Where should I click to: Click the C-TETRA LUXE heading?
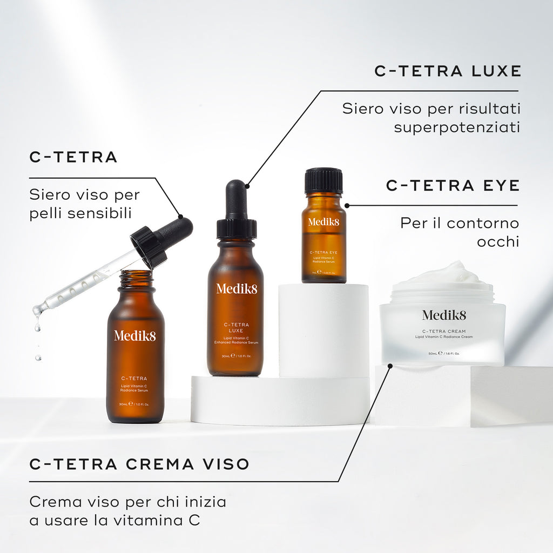447,71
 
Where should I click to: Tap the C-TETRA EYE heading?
453,185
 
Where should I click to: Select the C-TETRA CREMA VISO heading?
139,464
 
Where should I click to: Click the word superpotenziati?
457,127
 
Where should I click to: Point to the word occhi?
497,241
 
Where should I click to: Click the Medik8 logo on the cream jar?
444,315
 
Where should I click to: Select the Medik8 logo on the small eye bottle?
323,222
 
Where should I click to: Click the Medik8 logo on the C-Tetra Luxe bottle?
237,288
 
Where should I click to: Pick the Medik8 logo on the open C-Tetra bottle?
134,335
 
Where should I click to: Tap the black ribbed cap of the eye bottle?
323,180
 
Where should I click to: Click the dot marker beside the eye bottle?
347,205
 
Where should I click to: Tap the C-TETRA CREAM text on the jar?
444,331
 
